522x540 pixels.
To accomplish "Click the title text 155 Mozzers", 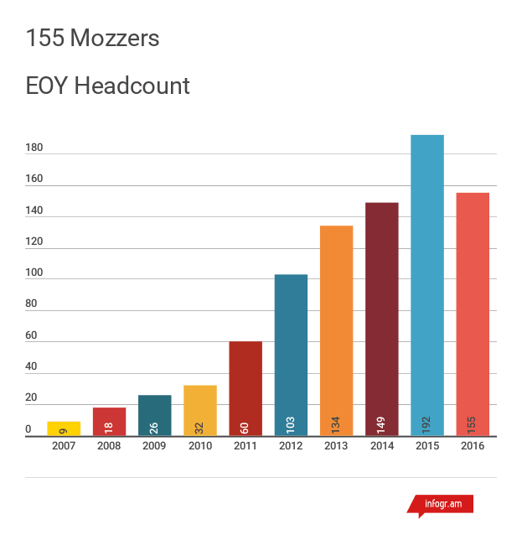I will coord(92,38).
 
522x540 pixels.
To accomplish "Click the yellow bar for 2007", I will coord(64,428).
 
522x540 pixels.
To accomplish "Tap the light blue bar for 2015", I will coord(427,285).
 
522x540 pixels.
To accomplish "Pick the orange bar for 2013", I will coord(336,330).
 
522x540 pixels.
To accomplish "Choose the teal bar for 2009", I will coord(154,415).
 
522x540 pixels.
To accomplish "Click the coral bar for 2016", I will coord(473,314).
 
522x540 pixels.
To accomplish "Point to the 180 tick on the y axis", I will coord(34,148).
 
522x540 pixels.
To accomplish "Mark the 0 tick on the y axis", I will coord(28,430).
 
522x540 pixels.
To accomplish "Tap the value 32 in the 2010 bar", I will coord(200,425).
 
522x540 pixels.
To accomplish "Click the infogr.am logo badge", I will coord(442,505).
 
